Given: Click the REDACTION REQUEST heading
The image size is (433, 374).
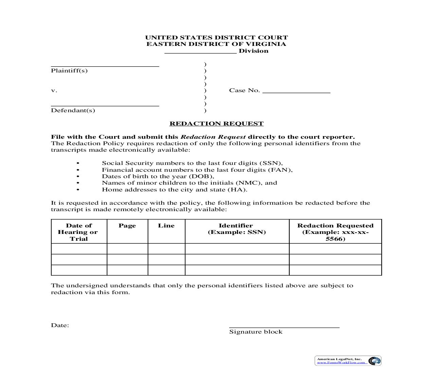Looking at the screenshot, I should tap(216, 124).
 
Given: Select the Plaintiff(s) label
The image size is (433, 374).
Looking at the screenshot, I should tap(69, 71).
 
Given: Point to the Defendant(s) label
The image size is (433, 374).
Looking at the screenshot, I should tap(73, 111).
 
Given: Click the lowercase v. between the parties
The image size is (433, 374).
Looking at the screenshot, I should tap(54, 91).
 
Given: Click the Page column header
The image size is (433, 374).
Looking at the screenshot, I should tap(127, 226).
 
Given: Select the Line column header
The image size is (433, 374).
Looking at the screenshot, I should tap(166, 226).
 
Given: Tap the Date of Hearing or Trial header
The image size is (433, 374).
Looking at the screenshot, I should tap(79, 232).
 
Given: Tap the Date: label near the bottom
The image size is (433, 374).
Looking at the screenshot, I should tap(60, 325).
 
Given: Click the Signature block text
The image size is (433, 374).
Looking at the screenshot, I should tap(256, 332).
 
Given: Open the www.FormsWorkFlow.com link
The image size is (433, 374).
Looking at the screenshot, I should tap(341, 363).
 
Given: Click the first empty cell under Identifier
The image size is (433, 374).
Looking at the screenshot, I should tap(237, 249).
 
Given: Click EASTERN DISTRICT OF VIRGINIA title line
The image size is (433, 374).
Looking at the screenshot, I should tap(216, 44).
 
